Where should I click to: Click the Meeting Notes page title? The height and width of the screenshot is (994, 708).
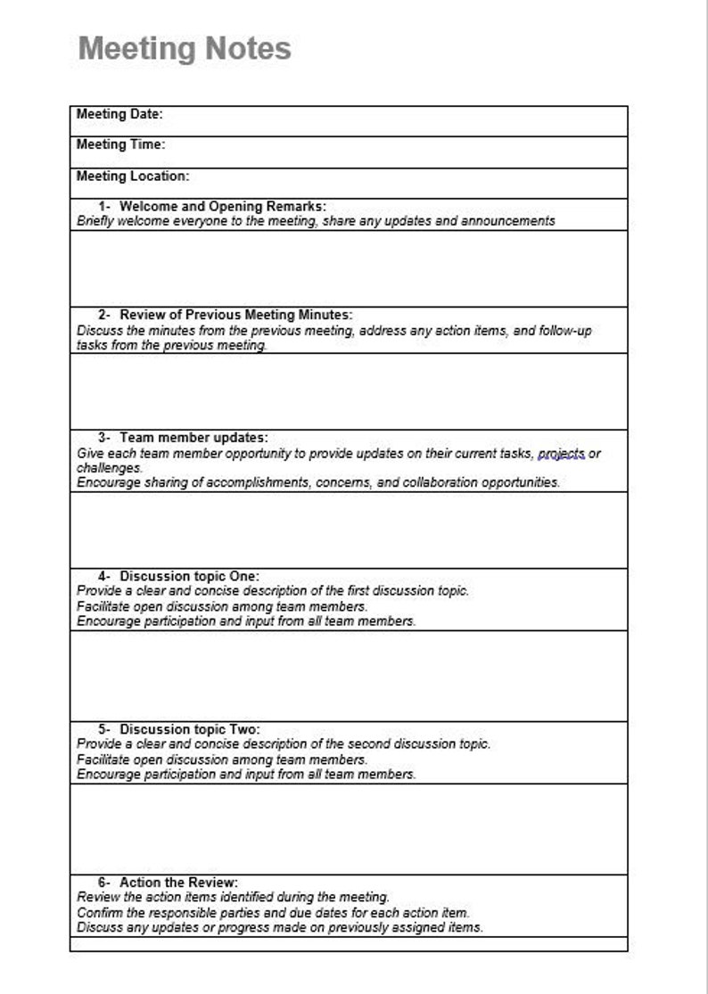pyautogui.click(x=185, y=48)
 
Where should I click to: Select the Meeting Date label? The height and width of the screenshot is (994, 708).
pyautogui.click(x=119, y=114)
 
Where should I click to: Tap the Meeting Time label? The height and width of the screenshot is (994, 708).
pyautogui.click(x=120, y=144)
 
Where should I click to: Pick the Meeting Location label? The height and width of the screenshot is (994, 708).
pyautogui.click(x=133, y=176)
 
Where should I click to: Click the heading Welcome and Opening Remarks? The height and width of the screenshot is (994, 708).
pyautogui.click(x=223, y=206)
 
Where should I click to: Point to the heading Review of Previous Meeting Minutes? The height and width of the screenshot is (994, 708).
pyautogui.click(x=236, y=315)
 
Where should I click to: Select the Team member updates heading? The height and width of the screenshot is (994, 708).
pyautogui.click(x=193, y=438)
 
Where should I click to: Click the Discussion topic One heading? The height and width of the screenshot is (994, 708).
pyautogui.click(x=190, y=576)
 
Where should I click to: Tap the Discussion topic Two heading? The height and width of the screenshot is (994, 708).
pyautogui.click(x=190, y=729)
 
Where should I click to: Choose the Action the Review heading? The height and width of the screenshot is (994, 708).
pyautogui.click(x=178, y=883)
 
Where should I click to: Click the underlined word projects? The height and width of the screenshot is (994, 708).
pyautogui.click(x=561, y=454)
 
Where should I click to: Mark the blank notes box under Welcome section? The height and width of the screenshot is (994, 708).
pyautogui.click(x=348, y=268)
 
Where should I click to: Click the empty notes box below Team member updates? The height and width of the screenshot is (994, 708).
pyautogui.click(x=348, y=530)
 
